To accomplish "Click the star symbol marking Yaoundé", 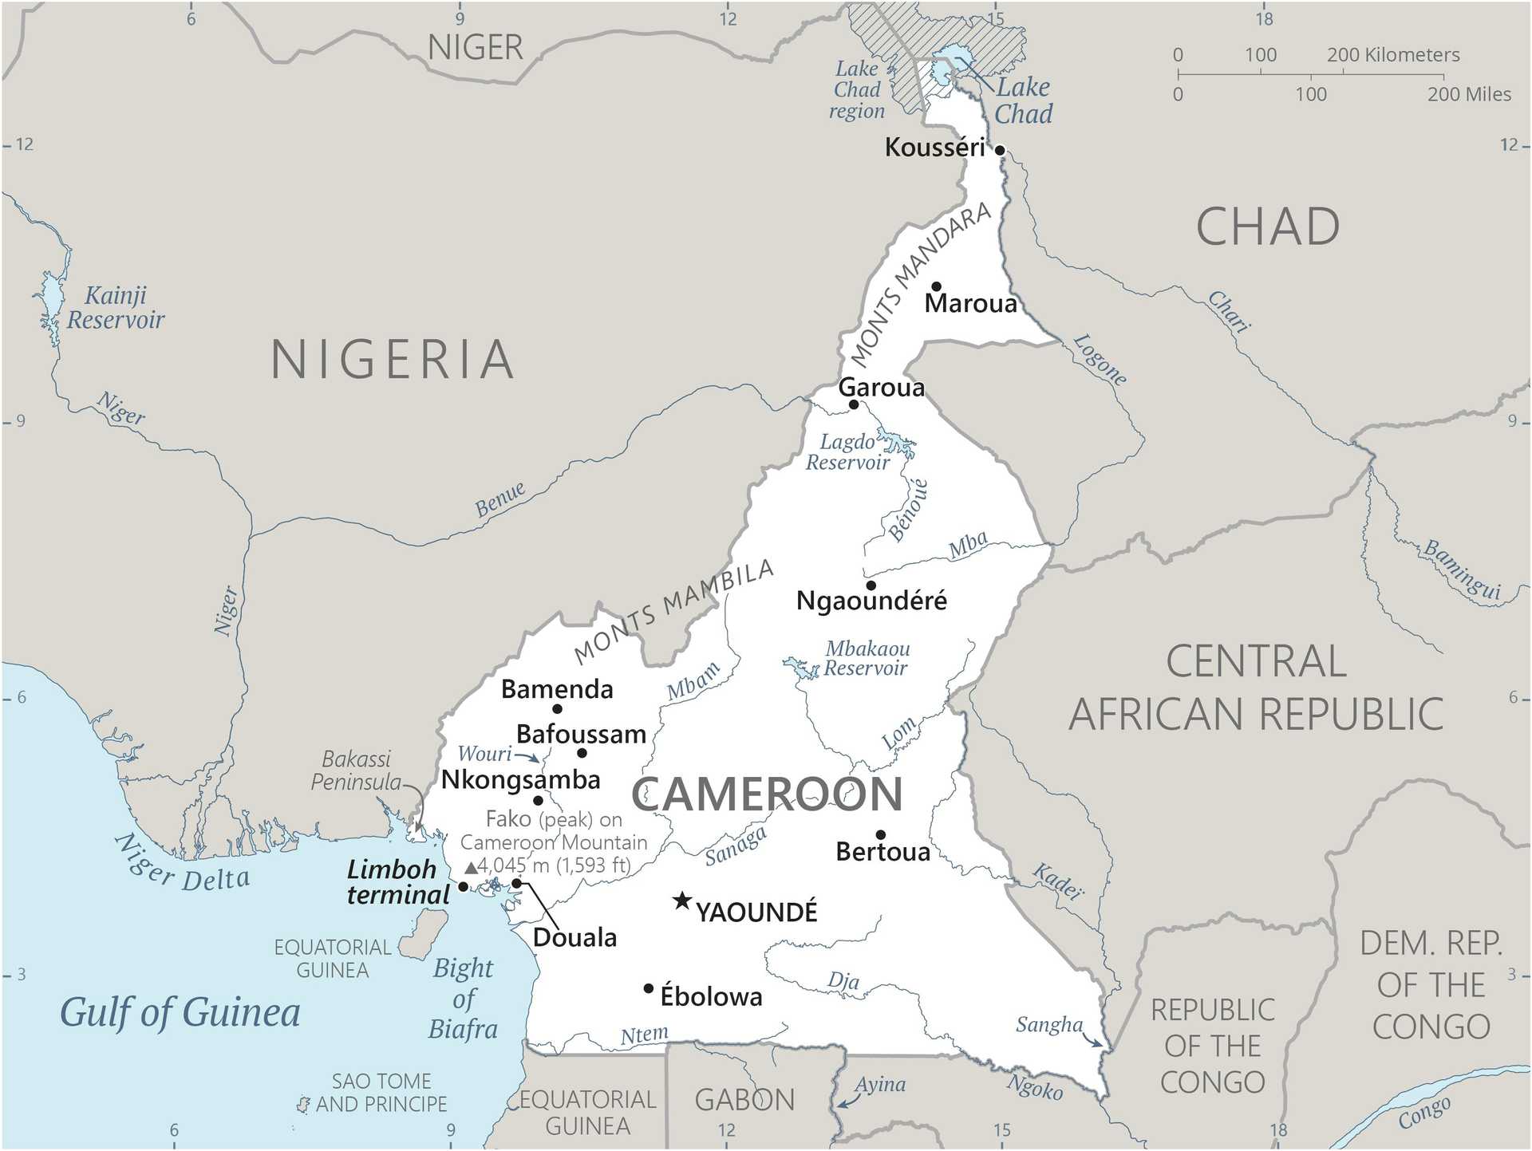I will (x=681, y=901).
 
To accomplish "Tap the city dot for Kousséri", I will (x=999, y=150).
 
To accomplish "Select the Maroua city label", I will (x=970, y=304).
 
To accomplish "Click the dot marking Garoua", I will (x=853, y=404).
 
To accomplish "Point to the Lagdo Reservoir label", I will (x=847, y=452).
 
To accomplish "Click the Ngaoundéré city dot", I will (x=871, y=585).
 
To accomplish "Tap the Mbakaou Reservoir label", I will (x=867, y=658).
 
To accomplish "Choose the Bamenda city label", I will (x=557, y=689).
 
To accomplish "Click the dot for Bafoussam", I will (x=582, y=753).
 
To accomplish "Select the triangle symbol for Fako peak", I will (x=471, y=867).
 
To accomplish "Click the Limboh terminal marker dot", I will (x=463, y=887).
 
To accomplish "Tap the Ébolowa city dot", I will (x=649, y=989).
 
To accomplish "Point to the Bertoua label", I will (x=882, y=852).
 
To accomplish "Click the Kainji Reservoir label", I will (x=116, y=308).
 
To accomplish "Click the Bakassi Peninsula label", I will (x=356, y=771).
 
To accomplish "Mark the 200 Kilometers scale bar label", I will (x=1392, y=55).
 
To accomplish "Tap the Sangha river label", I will (x=1048, y=1025).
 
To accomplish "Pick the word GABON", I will (x=744, y=1101).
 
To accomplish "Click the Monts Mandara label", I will (x=920, y=283).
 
